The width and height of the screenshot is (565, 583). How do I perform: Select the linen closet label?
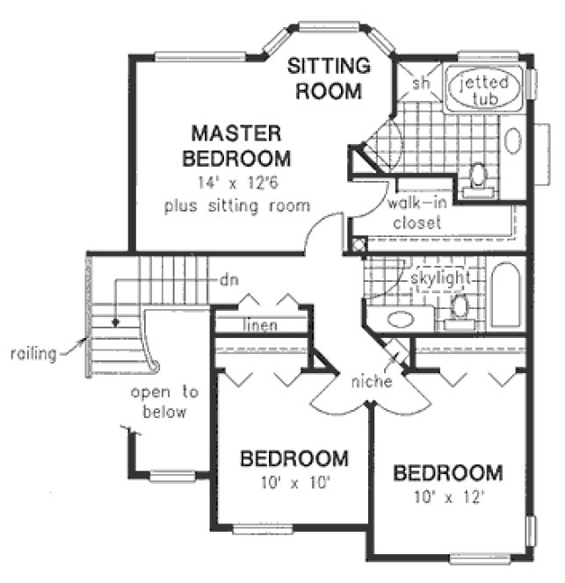tap(260, 326)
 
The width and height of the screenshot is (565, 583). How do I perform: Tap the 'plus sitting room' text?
tap(236, 206)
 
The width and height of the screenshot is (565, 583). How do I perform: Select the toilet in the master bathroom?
tap(479, 176)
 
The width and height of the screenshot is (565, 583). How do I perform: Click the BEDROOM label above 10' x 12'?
tap(448, 473)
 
